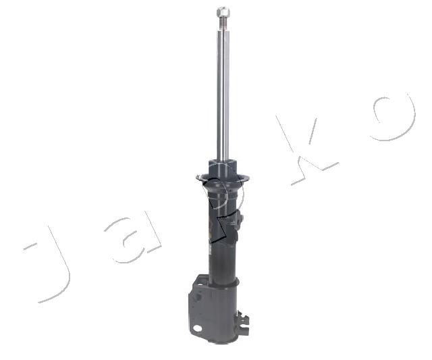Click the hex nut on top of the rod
(x=223, y=12)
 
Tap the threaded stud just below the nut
(x=223, y=24)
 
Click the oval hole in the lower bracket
(x=197, y=328)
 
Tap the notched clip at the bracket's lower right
(x=243, y=322)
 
